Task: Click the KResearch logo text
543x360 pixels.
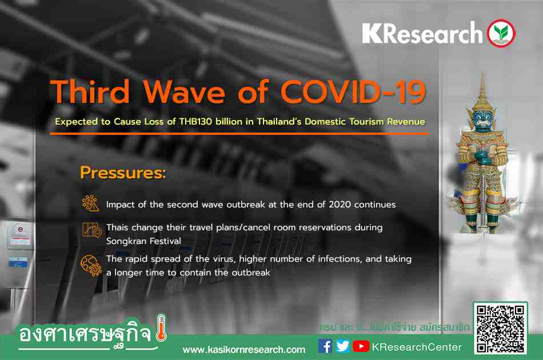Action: tap(422, 34)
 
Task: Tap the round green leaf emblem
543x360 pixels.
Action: tap(501, 33)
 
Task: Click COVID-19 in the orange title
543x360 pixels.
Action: tap(353, 92)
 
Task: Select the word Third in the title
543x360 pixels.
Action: tap(90, 92)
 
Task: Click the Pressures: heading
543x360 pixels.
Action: tap(123, 173)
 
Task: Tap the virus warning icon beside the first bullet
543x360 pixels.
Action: tap(91, 203)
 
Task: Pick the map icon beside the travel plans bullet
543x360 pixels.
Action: tap(92, 230)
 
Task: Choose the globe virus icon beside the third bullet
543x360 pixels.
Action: tap(91, 266)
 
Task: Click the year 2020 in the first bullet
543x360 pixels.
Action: tap(340, 205)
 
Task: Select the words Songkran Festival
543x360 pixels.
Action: tap(143, 241)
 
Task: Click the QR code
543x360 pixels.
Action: tap(500, 328)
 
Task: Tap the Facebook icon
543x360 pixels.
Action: tap(325, 346)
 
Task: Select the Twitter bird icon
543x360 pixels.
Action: tap(343, 346)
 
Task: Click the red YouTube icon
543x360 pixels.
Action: tap(361, 346)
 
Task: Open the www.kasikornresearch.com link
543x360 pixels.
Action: tap(244, 350)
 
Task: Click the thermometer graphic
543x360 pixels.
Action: tap(161, 328)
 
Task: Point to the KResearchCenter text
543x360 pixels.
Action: tap(417, 347)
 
